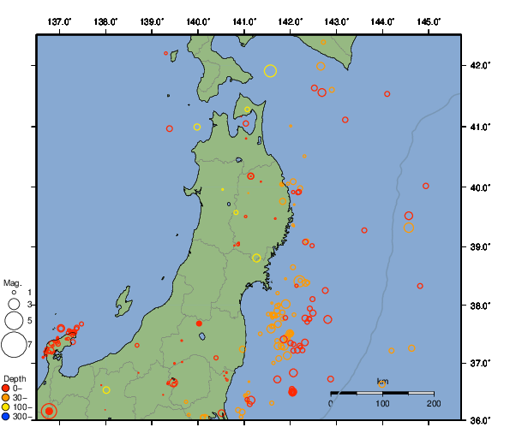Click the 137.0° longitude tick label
(x=59, y=20)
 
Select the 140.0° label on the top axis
(x=198, y=20)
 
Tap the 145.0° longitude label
(x=429, y=20)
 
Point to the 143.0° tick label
(x=337, y=20)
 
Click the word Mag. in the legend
(x=12, y=282)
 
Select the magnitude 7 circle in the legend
(x=13, y=345)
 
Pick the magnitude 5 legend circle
(x=13, y=320)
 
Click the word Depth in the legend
(x=14, y=377)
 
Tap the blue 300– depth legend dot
(x=6, y=417)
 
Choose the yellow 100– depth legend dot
(x=6, y=407)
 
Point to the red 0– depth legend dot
(x=6, y=389)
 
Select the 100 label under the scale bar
(x=382, y=402)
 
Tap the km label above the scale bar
(x=382, y=382)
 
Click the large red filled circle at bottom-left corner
(x=49, y=412)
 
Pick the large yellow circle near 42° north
(x=271, y=71)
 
